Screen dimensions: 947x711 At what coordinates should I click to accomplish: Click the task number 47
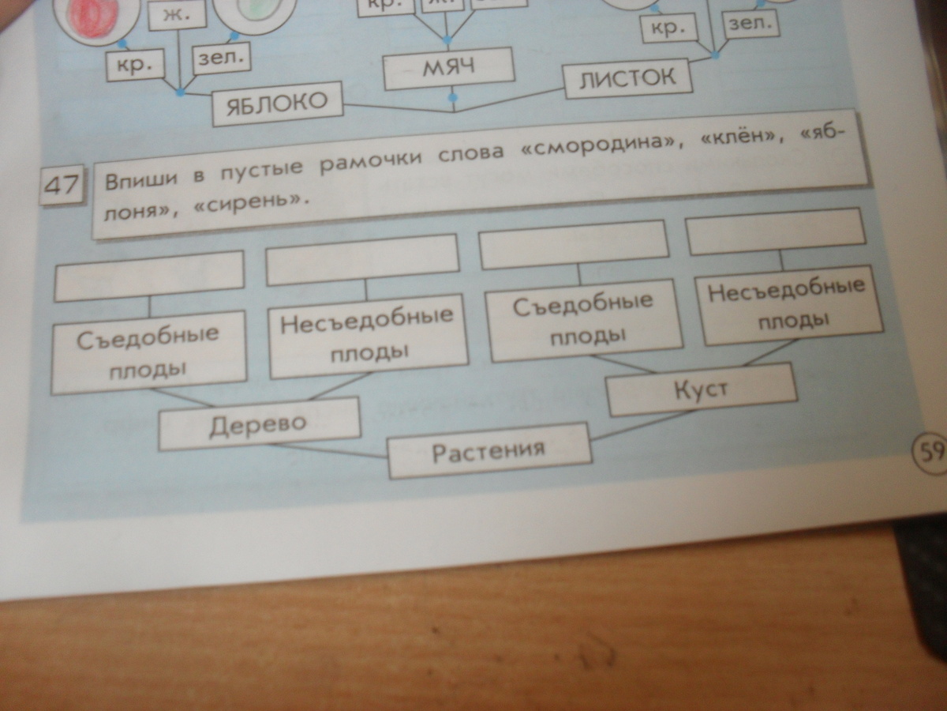coord(61,186)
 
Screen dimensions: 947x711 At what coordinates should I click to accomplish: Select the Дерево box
coord(259,424)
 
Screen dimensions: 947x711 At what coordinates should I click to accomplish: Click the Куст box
coord(701,389)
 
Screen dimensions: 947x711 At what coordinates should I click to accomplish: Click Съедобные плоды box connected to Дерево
coord(148,353)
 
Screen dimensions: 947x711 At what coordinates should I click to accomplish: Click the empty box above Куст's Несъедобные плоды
coord(777,231)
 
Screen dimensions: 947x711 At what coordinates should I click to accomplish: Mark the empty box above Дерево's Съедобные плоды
coord(148,275)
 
